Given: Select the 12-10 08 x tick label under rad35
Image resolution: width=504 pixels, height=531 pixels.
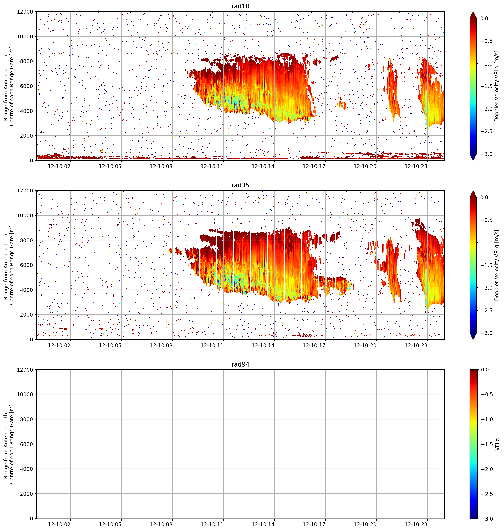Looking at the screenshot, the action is click(161, 345).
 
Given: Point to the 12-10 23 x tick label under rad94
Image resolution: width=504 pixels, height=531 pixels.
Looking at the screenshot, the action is click(416, 524).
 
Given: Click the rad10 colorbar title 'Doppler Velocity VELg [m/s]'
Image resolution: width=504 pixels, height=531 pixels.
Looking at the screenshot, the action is click(497, 86).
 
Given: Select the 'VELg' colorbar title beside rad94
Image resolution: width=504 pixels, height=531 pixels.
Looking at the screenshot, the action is click(497, 444).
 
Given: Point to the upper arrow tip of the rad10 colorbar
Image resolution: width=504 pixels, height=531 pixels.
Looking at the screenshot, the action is click(473, 12).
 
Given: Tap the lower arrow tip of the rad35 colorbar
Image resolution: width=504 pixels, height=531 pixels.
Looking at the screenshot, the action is click(473, 339).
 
